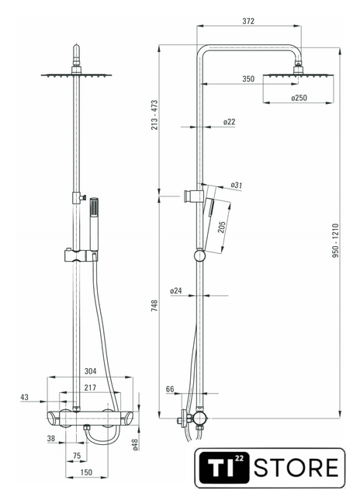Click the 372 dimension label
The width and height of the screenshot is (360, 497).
248,21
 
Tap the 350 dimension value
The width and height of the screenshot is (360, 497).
248,78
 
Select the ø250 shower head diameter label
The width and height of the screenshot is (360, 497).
299,98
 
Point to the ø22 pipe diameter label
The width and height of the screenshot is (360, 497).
229,122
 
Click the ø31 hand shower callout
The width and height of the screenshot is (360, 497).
237,185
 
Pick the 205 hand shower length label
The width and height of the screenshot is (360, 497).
222,227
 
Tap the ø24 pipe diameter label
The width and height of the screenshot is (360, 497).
175,290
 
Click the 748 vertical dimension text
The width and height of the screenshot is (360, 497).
154,305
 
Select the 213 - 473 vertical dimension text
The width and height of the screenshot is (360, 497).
154,115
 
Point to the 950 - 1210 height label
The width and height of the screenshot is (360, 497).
335,241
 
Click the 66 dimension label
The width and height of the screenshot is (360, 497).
170,389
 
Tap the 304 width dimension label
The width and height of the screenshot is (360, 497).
90,371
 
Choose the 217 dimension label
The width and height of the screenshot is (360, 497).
90,388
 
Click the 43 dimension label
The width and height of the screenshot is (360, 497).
24,397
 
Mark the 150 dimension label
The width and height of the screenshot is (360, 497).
86,472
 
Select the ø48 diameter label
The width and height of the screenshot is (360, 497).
135,445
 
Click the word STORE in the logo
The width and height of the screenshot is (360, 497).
296,467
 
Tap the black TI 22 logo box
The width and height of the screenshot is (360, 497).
224,467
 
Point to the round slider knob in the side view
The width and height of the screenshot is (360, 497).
200,255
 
